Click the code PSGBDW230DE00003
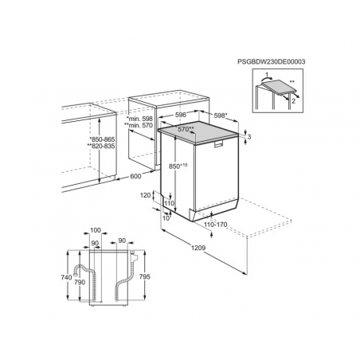[272, 62]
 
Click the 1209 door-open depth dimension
[198, 248]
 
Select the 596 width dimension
[181, 115]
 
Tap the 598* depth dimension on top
[221, 115]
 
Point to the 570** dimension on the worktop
[186, 129]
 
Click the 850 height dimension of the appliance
[178, 166]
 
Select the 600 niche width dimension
[135, 176]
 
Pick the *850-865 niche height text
[102, 139]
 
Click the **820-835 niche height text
[101, 146]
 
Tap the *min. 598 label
[139, 119]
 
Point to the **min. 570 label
[139, 125]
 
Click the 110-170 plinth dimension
[216, 225]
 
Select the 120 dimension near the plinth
[145, 196]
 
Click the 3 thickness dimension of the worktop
[249, 137]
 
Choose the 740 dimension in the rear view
[66, 277]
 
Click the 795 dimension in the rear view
[145, 276]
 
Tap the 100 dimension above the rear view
[96, 230]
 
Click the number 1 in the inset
[267, 74]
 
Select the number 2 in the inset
[293, 101]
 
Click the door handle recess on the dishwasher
[218, 143]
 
